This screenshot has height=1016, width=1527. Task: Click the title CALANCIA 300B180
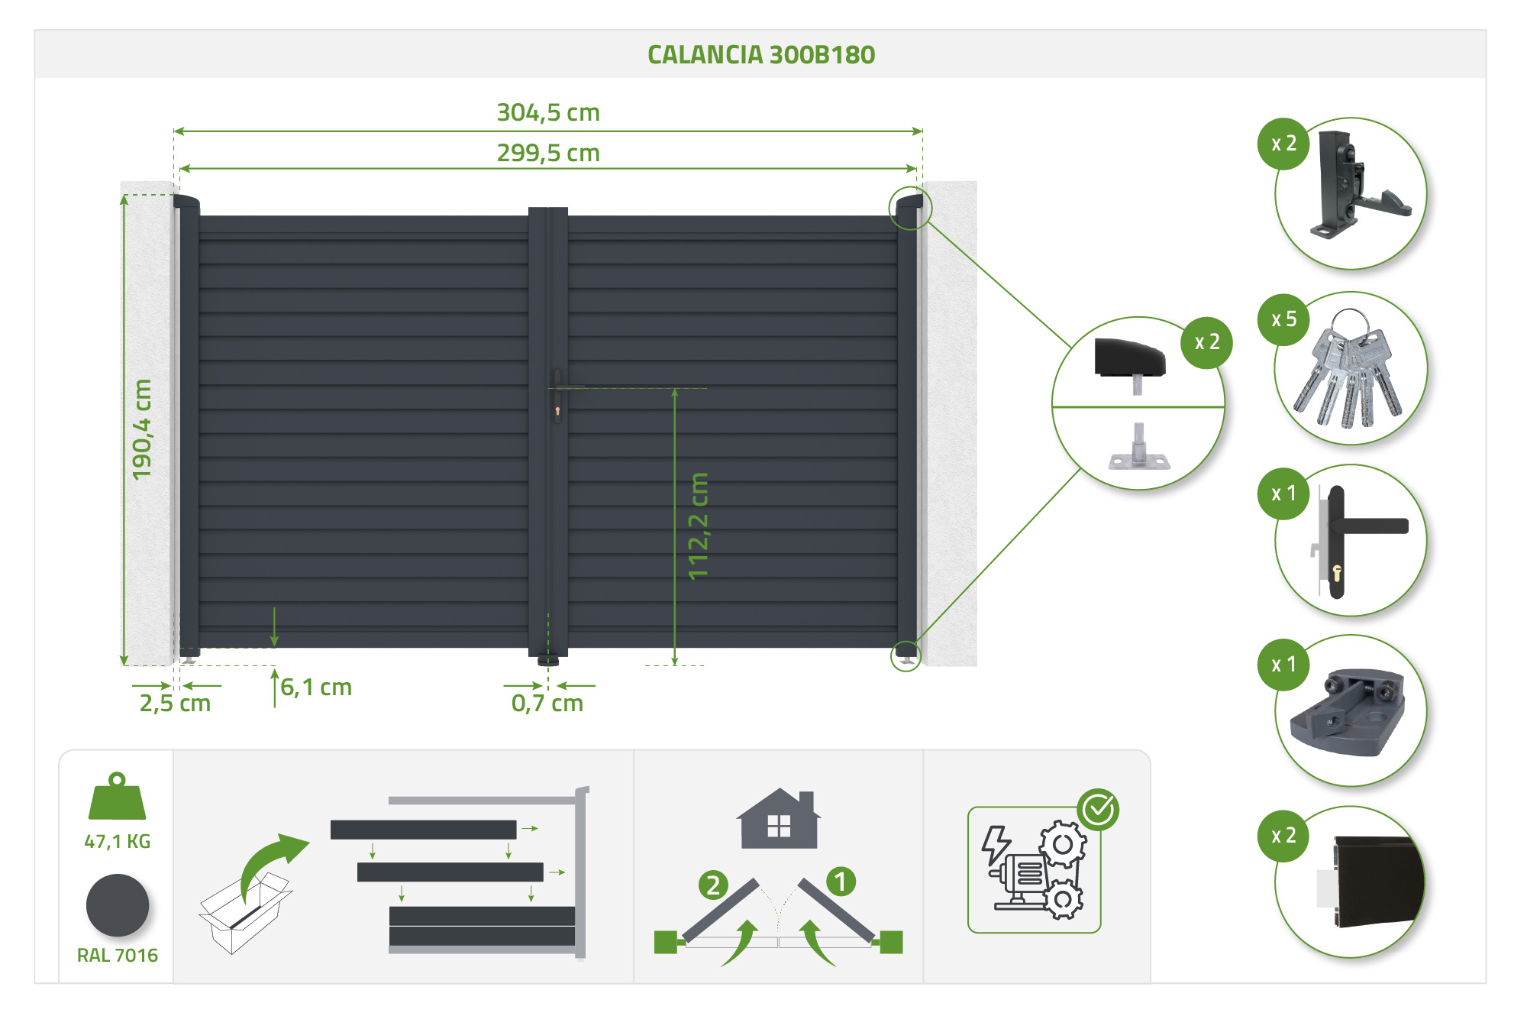pos(761,55)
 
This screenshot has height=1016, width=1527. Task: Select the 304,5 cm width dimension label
pos(548,113)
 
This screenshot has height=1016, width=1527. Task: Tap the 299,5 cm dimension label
pos(548,153)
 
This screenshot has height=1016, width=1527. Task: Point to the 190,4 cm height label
pos(142,429)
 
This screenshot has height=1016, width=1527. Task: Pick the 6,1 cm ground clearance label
pos(316,688)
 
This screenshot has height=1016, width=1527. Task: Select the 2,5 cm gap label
pos(175,704)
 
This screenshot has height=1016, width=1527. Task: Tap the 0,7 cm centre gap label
pos(547,704)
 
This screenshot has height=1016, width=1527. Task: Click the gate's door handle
pos(559,394)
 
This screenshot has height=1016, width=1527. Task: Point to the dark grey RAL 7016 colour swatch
pos(118,906)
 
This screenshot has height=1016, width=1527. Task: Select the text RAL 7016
pos(118,956)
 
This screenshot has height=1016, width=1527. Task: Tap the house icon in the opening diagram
pos(778,819)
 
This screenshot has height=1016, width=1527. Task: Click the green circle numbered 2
pos(712,885)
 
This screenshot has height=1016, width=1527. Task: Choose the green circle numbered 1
pos(841,882)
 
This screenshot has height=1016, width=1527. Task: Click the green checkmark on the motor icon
pos(1098,809)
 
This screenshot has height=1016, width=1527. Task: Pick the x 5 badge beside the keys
pos(1283,319)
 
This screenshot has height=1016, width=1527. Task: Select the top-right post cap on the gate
pos(909,203)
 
